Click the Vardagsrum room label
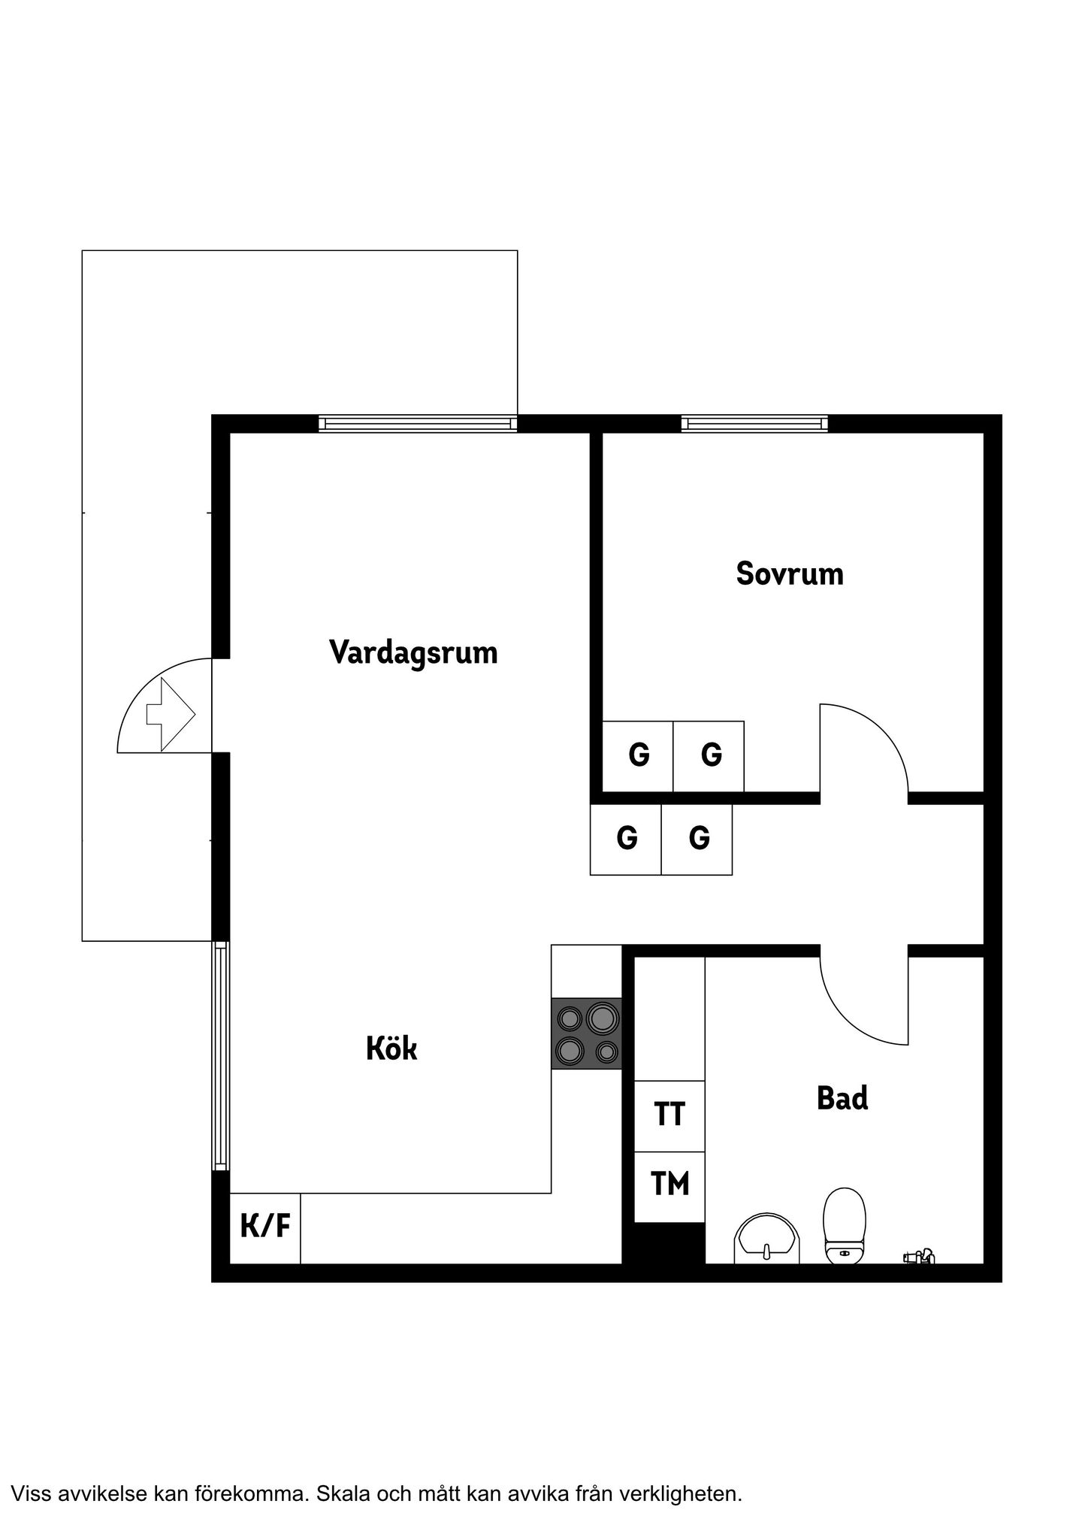(413, 652)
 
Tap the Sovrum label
(790, 573)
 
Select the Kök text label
(391, 1048)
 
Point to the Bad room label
(842, 1098)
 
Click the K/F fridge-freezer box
(265, 1228)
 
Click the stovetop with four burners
(587, 1033)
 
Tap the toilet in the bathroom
(845, 1225)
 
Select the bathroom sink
(767, 1238)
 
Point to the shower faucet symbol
(920, 1254)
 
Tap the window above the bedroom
(754, 424)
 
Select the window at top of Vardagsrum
(418, 424)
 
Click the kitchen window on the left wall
(220, 1055)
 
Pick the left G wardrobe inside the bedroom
(638, 756)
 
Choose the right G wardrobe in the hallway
(697, 840)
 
